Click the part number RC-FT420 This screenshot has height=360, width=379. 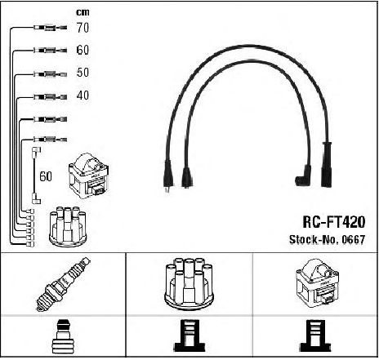point(334,222)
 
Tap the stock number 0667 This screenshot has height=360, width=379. point(353,239)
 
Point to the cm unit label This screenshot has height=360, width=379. point(82,12)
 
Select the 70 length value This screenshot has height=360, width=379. point(82,28)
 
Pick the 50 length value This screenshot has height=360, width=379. point(82,73)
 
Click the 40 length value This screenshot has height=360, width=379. point(82,96)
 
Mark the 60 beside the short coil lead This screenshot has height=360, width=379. point(46,176)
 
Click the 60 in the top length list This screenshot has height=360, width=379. point(82,50)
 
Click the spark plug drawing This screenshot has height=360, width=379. point(63,284)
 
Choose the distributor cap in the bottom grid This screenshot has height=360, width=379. point(189,283)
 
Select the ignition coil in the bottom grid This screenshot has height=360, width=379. point(317,283)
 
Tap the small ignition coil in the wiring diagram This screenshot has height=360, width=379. point(89,176)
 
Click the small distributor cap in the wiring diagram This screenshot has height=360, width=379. point(68,226)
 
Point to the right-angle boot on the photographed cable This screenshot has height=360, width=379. point(304,176)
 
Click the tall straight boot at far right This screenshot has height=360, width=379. point(327,164)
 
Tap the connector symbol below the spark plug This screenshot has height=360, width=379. point(63,337)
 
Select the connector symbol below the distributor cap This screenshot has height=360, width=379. point(189,336)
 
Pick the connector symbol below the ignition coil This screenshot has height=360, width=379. point(315,336)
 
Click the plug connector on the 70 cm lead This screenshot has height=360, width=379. point(51,28)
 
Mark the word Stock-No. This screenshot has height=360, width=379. point(314,239)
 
